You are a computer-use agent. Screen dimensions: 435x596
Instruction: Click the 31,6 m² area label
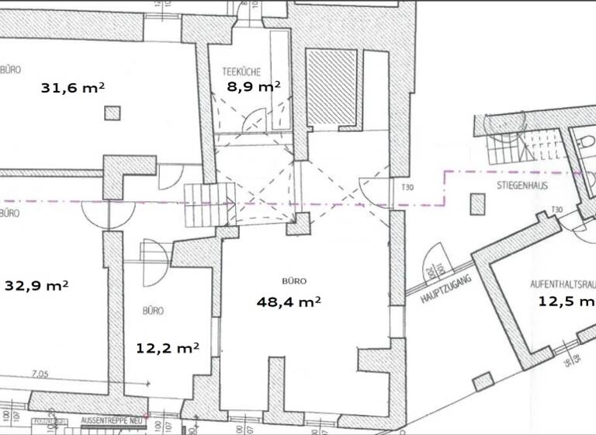[x=72, y=88]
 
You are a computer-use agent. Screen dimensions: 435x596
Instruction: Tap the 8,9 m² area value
[x=253, y=87]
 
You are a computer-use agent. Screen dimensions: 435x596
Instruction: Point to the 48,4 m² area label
[x=289, y=301]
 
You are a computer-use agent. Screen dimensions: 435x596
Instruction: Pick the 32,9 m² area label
[x=36, y=285]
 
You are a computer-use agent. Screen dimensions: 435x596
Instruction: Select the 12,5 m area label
[x=566, y=301]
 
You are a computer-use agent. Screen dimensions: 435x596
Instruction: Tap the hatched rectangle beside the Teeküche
[x=331, y=88]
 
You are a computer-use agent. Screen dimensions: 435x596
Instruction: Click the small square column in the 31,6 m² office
[x=113, y=113]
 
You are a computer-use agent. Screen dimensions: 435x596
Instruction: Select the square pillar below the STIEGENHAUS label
[x=477, y=204]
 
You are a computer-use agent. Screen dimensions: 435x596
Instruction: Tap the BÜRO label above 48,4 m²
[x=294, y=281]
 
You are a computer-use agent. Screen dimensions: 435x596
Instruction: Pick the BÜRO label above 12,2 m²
[x=153, y=311]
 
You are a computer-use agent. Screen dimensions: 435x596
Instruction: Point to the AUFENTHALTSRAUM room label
[x=563, y=284]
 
